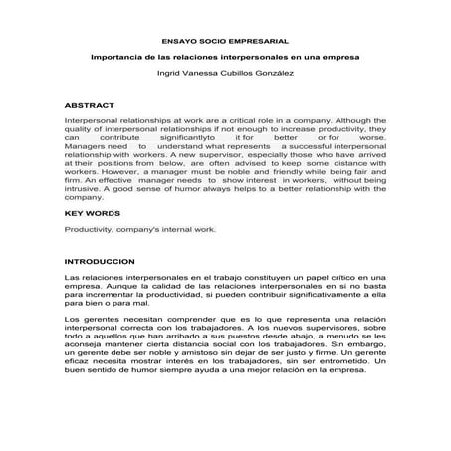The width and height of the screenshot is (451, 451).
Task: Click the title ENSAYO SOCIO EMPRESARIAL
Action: point(225,41)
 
